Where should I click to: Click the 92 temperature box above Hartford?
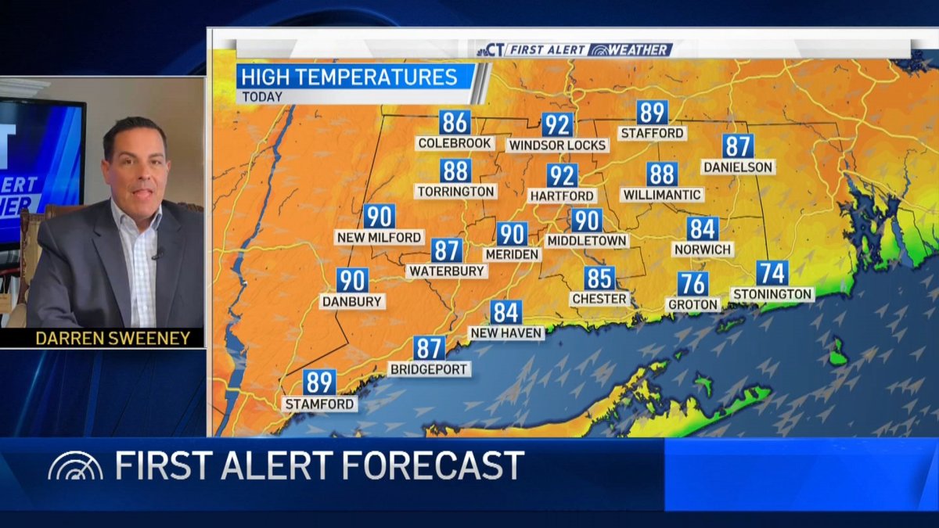click(561, 175)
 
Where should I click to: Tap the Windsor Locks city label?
click(557, 145)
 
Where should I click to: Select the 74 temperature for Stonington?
click(772, 273)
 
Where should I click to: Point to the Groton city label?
click(693, 304)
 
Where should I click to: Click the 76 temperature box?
click(693, 283)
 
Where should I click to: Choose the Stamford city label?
click(319, 404)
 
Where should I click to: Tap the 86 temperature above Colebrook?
click(455, 123)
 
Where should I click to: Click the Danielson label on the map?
click(738, 167)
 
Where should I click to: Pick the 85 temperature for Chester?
click(599, 278)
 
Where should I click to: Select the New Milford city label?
click(380, 237)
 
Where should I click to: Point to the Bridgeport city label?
click(430, 369)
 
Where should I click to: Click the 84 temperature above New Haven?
click(506, 313)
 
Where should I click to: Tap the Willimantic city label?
click(662, 195)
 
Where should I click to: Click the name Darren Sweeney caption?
click(113, 338)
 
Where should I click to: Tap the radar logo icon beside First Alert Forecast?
click(75, 466)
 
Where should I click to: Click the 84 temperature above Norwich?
click(703, 229)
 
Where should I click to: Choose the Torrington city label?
click(455, 192)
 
